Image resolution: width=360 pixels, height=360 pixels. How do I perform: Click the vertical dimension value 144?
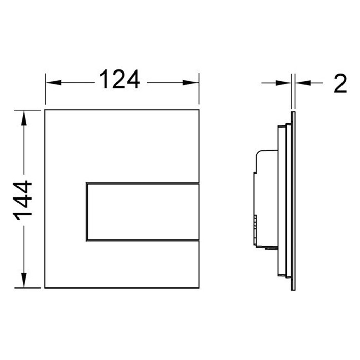point(23,201)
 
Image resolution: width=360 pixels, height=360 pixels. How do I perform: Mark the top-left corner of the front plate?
point(45,110)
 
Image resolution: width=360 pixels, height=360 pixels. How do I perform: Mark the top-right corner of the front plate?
point(199,110)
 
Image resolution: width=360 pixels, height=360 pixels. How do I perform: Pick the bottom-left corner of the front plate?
point(45,288)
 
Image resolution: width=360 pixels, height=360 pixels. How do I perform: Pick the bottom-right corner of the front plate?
point(199,288)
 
